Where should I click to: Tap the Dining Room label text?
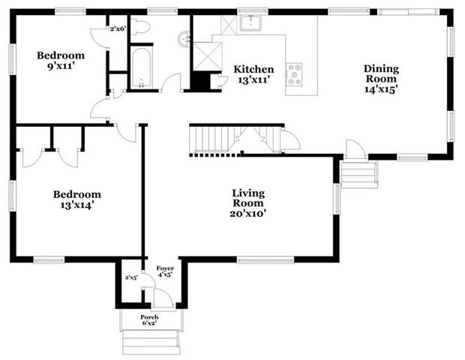(381, 73)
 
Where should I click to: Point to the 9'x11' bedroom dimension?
(61, 66)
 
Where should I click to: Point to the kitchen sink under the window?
(250, 22)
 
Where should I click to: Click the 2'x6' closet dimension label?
(118, 28)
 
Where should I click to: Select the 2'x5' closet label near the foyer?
(132, 278)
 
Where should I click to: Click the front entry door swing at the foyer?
(162, 298)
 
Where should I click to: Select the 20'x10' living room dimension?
(248, 214)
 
